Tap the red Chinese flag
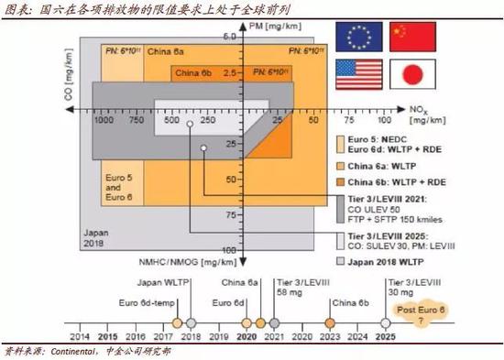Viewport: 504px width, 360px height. click(x=407, y=37)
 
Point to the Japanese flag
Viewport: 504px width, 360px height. click(x=407, y=74)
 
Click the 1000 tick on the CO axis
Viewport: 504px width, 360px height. click(x=103, y=120)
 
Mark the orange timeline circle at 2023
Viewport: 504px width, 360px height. click(x=330, y=322)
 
